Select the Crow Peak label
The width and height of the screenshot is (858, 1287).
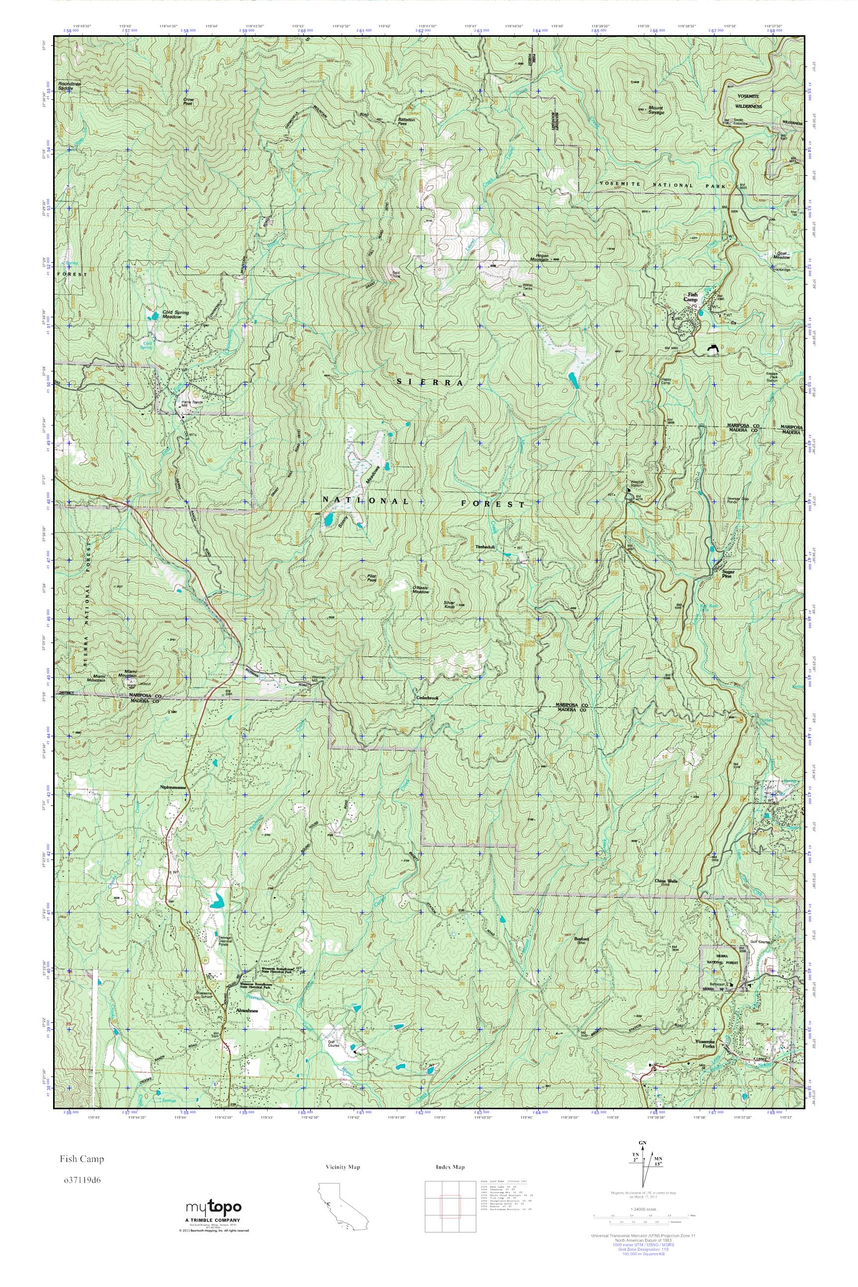tap(189, 101)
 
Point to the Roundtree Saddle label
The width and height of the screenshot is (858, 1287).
tap(70, 85)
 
